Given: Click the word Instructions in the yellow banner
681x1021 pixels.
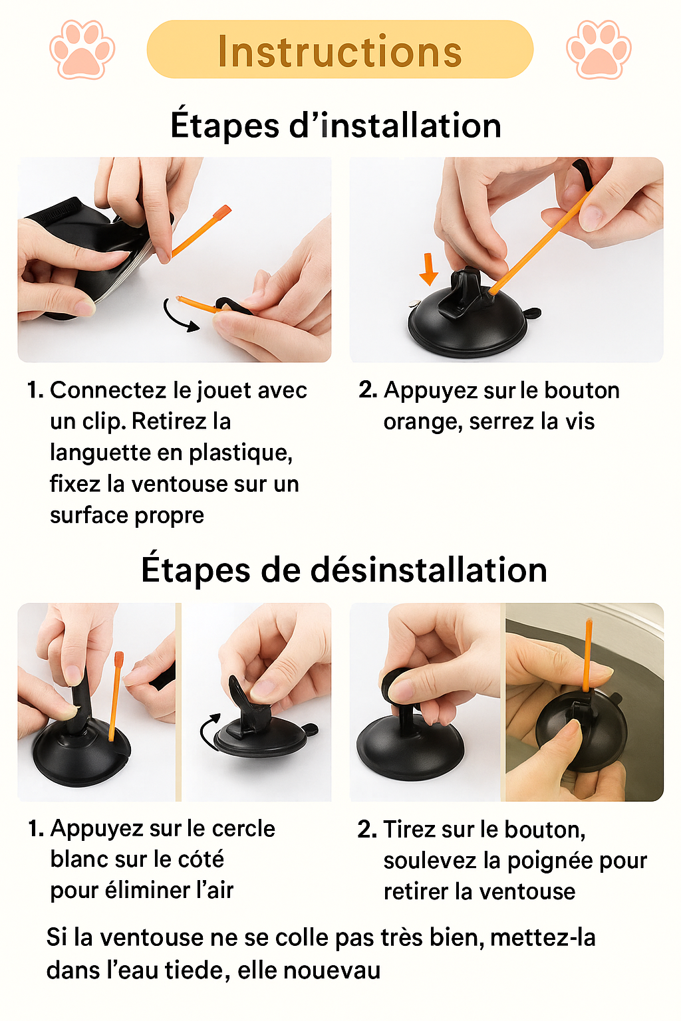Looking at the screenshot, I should click(x=340, y=51).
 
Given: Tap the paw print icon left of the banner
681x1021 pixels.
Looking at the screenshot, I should click(x=82, y=49).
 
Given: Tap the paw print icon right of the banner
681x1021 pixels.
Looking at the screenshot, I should click(x=599, y=49).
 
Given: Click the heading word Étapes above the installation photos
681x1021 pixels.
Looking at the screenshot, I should click(x=224, y=126).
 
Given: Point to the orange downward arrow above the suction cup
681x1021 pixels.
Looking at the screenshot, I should click(x=429, y=269).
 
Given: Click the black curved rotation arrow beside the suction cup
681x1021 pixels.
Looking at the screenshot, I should click(x=209, y=732).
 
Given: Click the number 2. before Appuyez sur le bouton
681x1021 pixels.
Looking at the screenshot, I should click(x=368, y=390).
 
